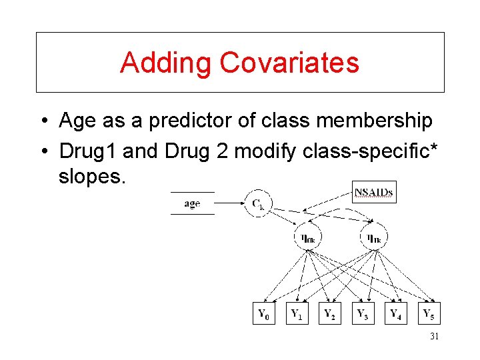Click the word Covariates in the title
click(289, 63)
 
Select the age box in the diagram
click(192, 203)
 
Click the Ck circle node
click(258, 204)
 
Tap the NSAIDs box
click(373, 193)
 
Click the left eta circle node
click(308, 236)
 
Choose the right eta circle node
click(374, 236)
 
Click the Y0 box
click(265, 313)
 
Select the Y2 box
click(330, 313)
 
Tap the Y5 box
click(430, 313)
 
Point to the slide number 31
click(434, 337)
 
